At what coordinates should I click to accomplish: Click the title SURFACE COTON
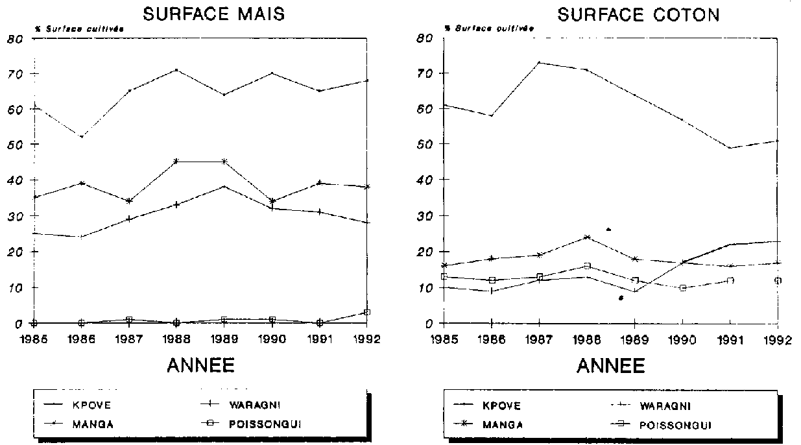638,15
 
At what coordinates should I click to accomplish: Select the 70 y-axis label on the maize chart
15,74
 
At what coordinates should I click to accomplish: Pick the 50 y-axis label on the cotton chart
425,144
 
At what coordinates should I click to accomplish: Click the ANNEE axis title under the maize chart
200,366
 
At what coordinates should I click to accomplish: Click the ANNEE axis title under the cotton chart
611,367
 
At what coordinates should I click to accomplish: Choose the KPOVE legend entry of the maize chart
104,407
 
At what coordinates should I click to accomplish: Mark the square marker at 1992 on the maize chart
367,312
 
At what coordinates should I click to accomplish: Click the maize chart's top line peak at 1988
176,69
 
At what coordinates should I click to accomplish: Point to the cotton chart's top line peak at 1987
540,63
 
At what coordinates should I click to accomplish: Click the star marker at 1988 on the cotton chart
587,237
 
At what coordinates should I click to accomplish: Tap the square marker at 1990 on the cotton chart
683,287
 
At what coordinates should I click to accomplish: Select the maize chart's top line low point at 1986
81,137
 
